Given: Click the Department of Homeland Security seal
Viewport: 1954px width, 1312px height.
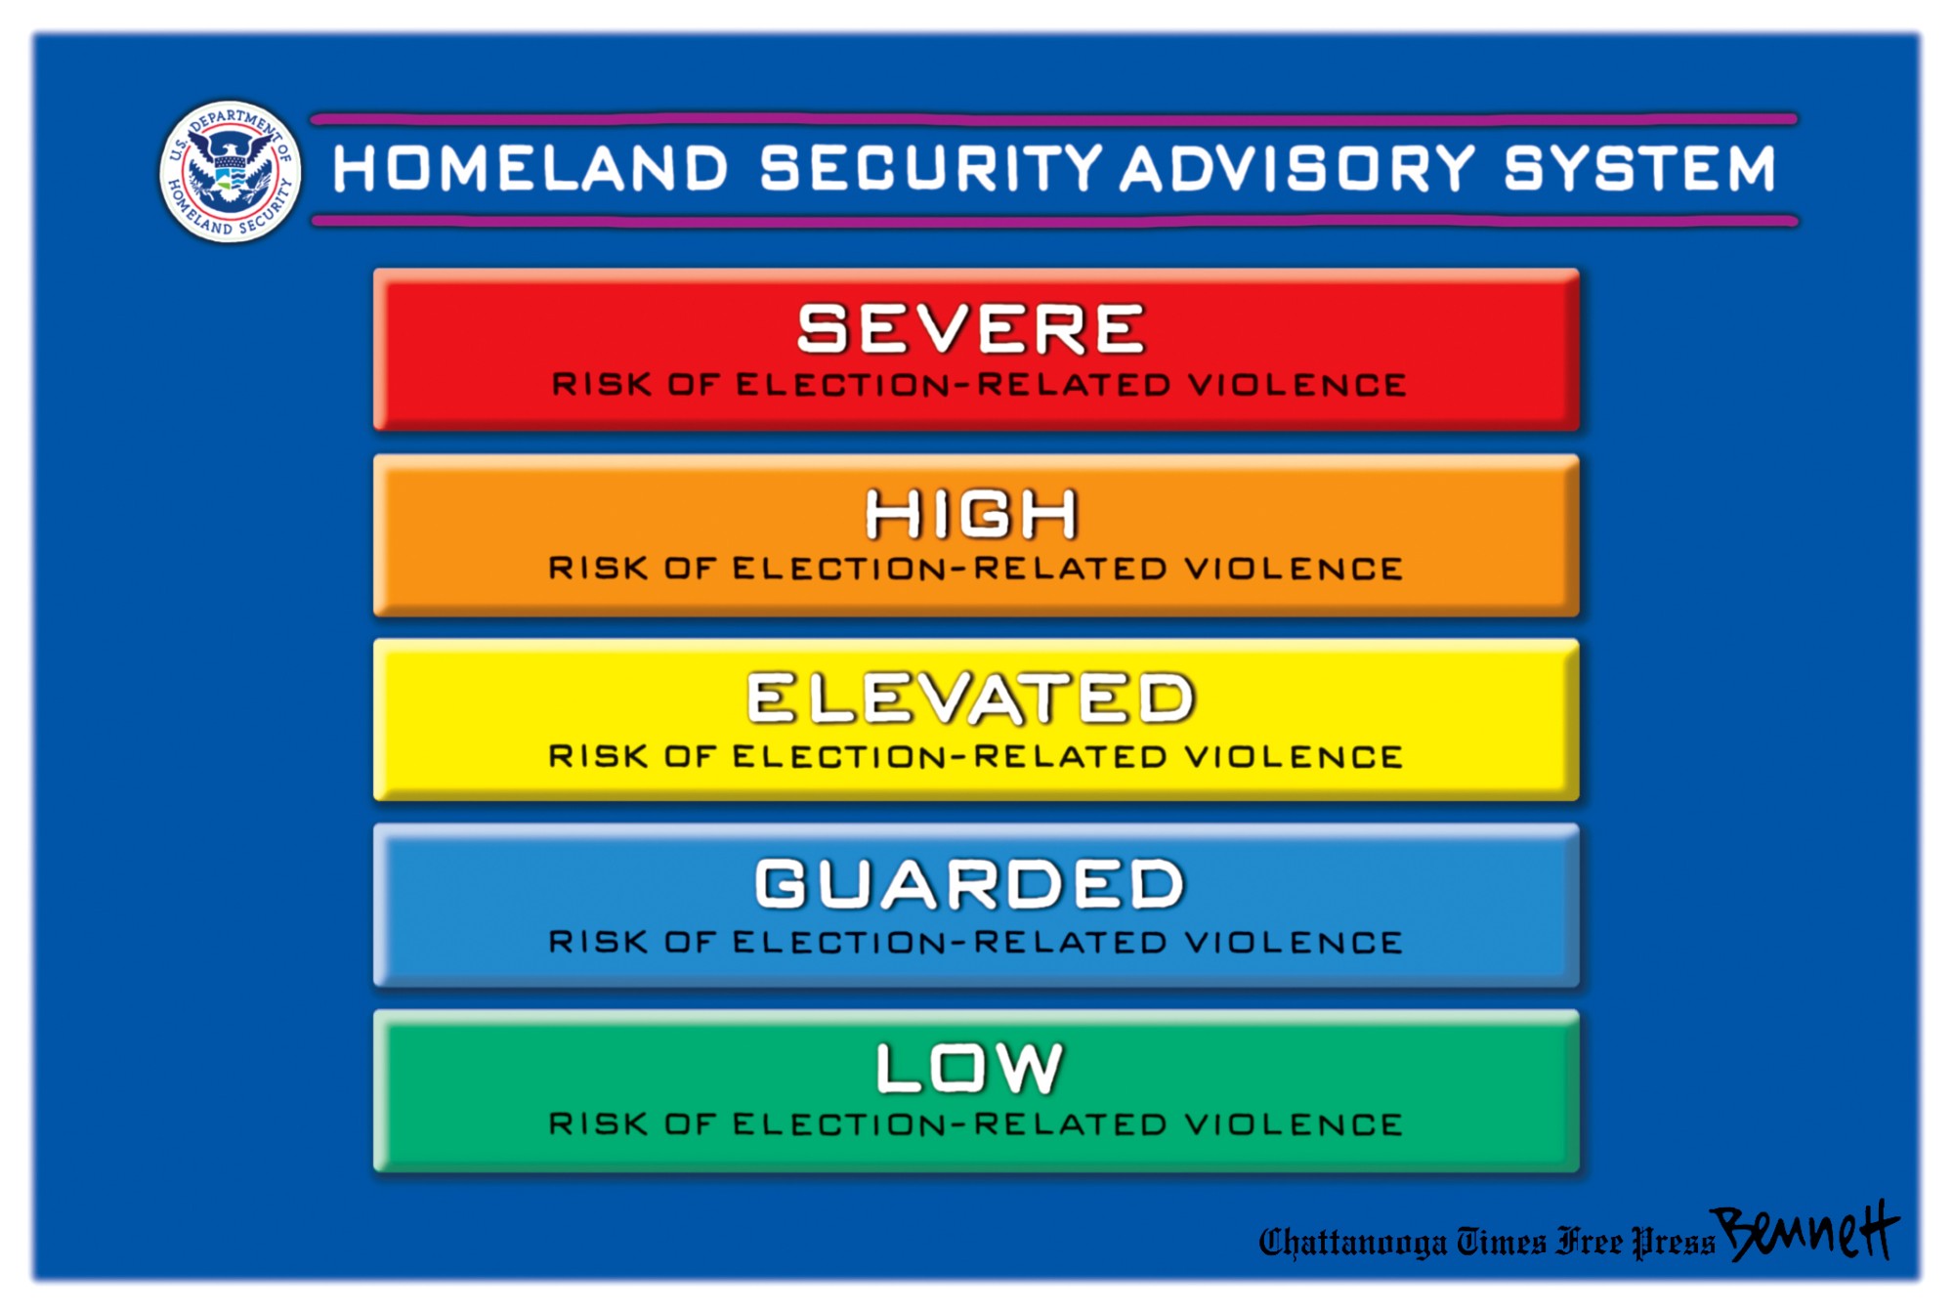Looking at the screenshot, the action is (231, 171).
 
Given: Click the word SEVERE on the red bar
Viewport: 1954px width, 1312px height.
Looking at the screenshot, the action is (970, 328).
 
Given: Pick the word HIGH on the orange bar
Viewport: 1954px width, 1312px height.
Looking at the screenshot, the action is (971, 514).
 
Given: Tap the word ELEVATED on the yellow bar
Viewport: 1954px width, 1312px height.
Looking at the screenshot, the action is (970, 698).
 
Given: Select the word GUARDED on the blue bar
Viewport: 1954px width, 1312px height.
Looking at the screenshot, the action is (970, 884).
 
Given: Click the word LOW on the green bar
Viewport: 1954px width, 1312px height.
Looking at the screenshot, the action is (968, 1068).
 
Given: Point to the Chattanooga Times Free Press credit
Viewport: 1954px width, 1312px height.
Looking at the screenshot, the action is (1486, 1242).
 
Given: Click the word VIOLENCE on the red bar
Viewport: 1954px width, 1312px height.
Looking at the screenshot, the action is (1297, 385).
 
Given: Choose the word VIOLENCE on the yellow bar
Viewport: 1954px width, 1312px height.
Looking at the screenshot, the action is (1295, 756).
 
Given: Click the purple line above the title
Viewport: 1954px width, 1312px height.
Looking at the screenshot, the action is (1054, 119).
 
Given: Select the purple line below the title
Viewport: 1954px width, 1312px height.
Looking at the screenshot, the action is (1054, 222).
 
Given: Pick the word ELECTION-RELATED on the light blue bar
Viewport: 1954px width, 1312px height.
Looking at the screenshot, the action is (950, 943).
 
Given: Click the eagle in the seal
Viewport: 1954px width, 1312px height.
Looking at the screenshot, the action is (231, 168).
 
